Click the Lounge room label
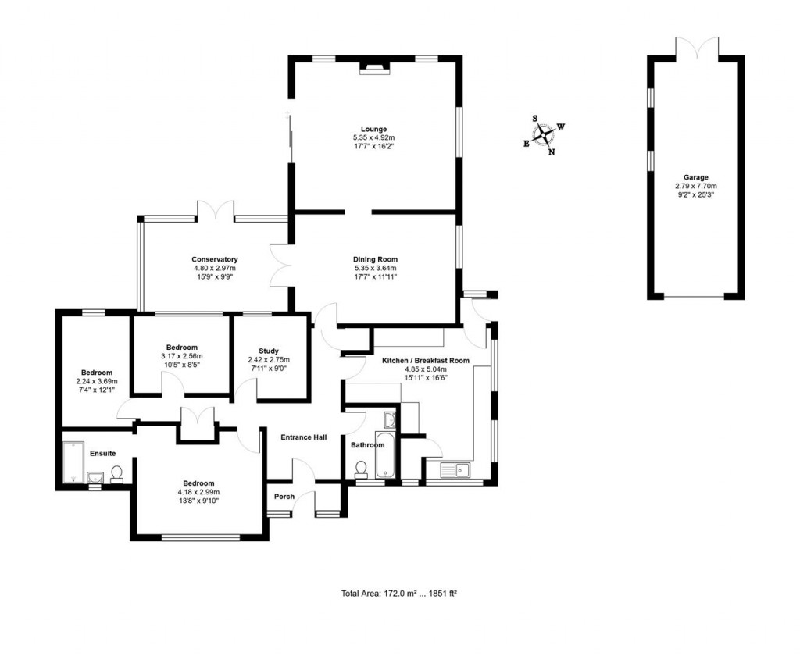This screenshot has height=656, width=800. (373, 129)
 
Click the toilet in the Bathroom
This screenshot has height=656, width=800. (361, 468)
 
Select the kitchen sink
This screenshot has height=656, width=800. (454, 469)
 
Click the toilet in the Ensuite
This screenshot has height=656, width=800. (116, 474)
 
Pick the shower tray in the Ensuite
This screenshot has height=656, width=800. (73, 461)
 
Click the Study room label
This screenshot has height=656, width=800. (269, 351)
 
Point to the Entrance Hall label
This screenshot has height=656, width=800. (304, 437)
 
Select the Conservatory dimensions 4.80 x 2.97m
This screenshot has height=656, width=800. (215, 268)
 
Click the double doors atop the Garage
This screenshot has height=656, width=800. (695, 48)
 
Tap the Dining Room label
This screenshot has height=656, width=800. (376, 259)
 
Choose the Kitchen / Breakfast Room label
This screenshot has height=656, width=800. (425, 361)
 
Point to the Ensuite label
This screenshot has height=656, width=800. (103, 453)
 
